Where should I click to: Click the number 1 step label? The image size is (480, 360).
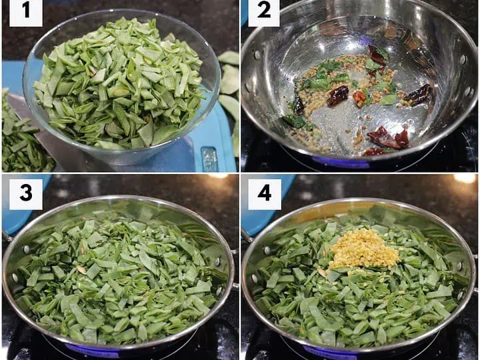click(x=26, y=13)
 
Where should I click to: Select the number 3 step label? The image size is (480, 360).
click(x=26, y=194)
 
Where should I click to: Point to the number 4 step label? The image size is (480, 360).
click(x=265, y=194)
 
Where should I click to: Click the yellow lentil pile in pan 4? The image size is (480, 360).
click(x=364, y=249)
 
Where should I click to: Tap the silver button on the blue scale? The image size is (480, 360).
click(x=209, y=159)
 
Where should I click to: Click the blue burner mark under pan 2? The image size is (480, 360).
click(x=341, y=163)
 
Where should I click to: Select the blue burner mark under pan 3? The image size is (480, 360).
click(x=92, y=351)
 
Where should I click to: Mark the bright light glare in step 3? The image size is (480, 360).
click(x=218, y=176)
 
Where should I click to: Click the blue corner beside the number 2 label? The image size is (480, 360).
click(x=244, y=13)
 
